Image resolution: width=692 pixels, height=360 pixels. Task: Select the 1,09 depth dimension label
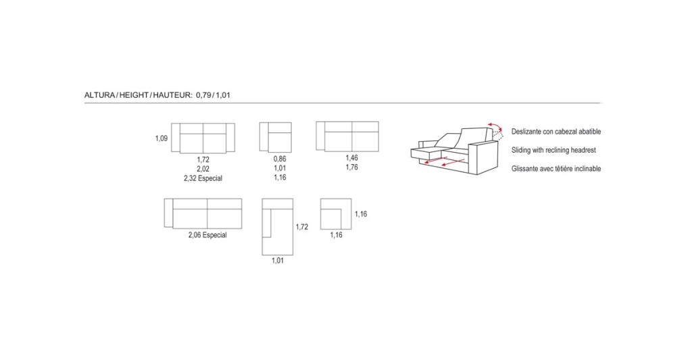tap(161, 138)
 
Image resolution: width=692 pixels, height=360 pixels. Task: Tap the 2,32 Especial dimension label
tap(203, 178)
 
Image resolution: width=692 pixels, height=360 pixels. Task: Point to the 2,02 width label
tap(203, 169)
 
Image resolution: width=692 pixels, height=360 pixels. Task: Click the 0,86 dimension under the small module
tap(280, 159)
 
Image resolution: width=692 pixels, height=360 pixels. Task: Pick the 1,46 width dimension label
tap(351, 158)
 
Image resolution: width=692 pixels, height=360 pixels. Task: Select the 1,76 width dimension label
tap(351, 168)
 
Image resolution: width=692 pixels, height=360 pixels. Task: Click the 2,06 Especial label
tap(207, 235)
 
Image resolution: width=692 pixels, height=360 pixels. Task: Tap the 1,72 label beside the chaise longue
tap(302, 227)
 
